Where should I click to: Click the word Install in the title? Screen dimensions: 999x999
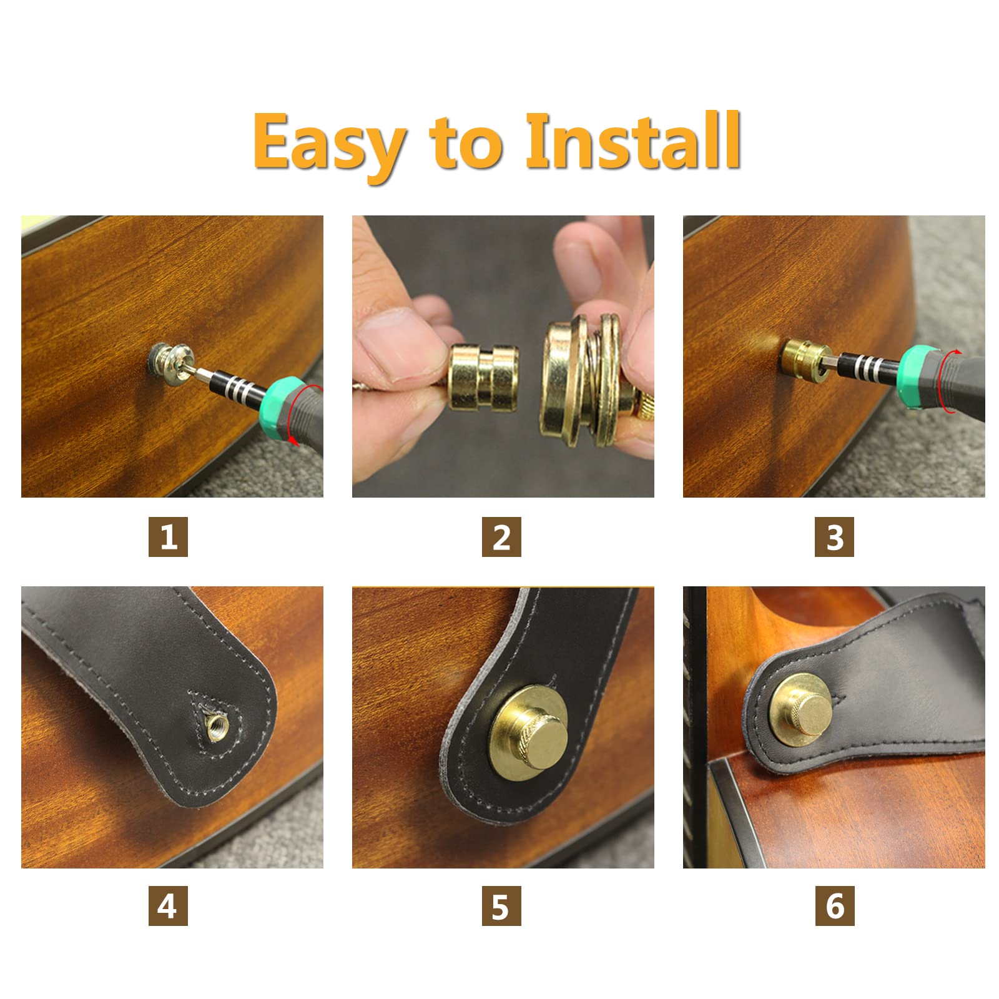click(x=633, y=141)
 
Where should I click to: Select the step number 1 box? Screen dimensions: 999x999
click(x=168, y=537)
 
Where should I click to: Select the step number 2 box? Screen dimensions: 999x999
click(x=501, y=537)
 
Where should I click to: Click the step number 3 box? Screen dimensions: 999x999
click(x=834, y=537)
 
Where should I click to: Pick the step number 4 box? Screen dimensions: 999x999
click(x=168, y=906)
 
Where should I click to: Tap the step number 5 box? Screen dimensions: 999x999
click(x=501, y=906)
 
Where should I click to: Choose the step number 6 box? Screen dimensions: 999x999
click(x=835, y=906)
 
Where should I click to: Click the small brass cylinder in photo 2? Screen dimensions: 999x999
click(x=484, y=378)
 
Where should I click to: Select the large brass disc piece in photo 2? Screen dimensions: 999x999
click(x=584, y=382)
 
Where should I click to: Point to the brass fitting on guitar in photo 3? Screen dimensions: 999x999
click(x=805, y=359)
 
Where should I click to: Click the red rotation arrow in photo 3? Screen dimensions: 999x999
click(x=958, y=381)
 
